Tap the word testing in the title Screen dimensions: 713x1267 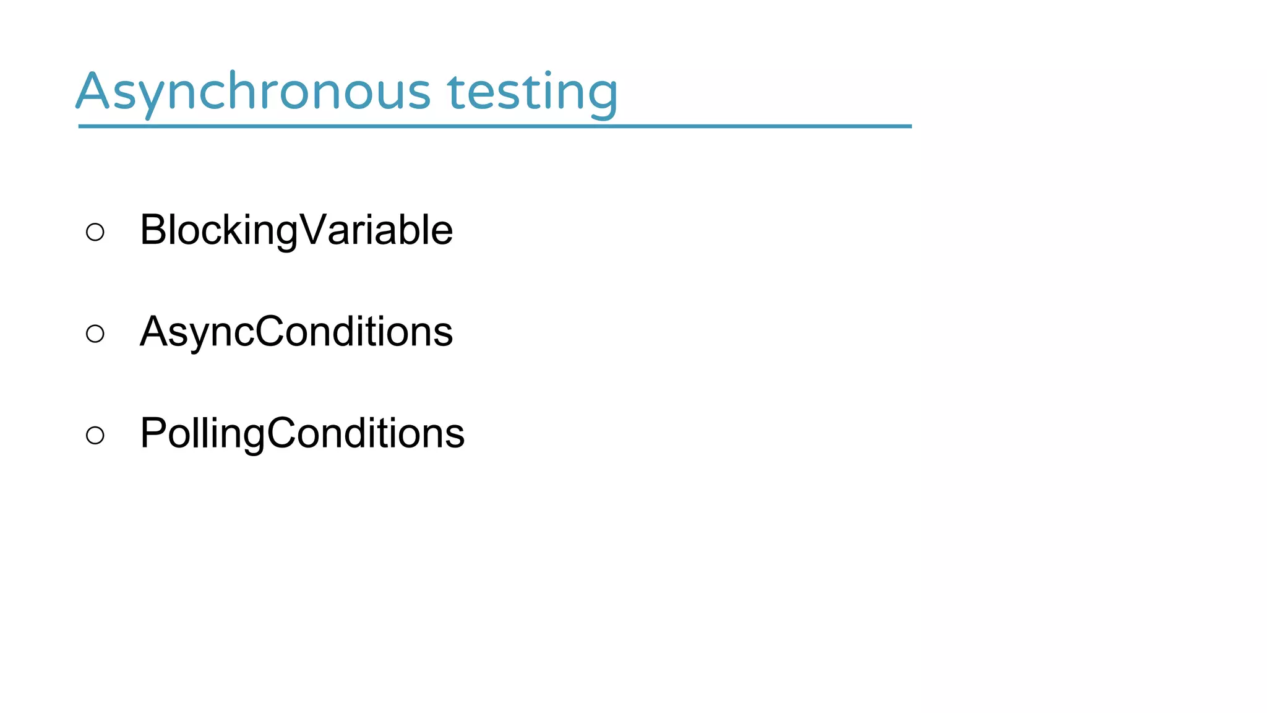point(532,93)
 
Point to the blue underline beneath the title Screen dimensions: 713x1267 point(495,126)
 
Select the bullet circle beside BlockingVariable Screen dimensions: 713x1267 point(95,232)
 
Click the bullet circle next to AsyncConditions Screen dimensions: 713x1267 point(95,334)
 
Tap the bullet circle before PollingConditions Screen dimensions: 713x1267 point(95,435)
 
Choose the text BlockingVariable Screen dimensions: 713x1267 point(296,230)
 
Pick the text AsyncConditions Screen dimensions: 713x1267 point(296,332)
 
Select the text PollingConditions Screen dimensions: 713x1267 point(302,433)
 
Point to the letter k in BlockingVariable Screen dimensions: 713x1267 point(239,230)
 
